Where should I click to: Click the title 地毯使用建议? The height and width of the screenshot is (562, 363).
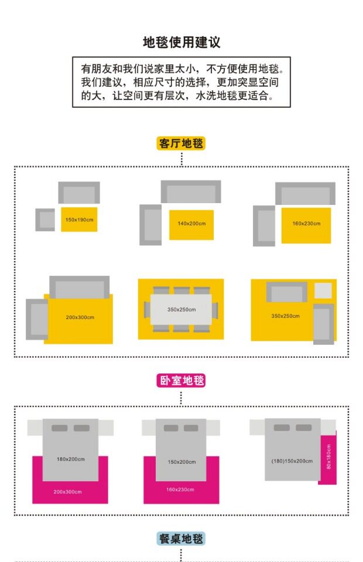pyautogui.click(x=181, y=42)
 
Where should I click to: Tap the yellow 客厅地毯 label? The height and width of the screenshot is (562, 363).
pyautogui.click(x=181, y=143)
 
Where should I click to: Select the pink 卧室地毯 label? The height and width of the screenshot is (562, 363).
pyautogui.click(x=181, y=381)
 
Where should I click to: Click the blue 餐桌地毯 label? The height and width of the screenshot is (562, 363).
pyautogui.click(x=181, y=539)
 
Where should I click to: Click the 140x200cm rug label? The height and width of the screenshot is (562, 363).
pyautogui.click(x=191, y=223)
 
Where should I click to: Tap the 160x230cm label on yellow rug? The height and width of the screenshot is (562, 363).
pyautogui.click(x=306, y=223)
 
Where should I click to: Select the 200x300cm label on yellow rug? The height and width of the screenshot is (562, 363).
pyautogui.click(x=80, y=317)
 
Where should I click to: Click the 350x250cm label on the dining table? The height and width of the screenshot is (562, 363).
pyautogui.click(x=181, y=310)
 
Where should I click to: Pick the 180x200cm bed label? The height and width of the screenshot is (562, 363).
pyautogui.click(x=71, y=458)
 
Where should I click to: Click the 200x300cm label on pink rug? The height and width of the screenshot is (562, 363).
pyautogui.click(x=68, y=492)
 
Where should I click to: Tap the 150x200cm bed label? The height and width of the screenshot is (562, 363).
pyautogui.click(x=182, y=462)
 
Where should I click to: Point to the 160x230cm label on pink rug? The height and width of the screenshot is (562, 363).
pyautogui.click(x=180, y=489)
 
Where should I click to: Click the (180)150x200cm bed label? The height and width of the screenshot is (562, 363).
pyautogui.click(x=292, y=461)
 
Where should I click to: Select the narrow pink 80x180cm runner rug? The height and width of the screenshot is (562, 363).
pyautogui.click(x=328, y=458)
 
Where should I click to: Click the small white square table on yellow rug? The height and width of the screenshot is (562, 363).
pyautogui.click(x=323, y=290)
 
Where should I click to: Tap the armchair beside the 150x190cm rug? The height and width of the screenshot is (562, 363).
pyautogui.click(x=45, y=220)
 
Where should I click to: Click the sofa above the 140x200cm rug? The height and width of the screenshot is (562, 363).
pyautogui.click(x=191, y=191)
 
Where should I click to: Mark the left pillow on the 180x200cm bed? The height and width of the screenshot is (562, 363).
pyautogui.click(x=60, y=428)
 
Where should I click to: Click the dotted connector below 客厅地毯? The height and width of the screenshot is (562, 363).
pyautogui.click(x=181, y=159)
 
